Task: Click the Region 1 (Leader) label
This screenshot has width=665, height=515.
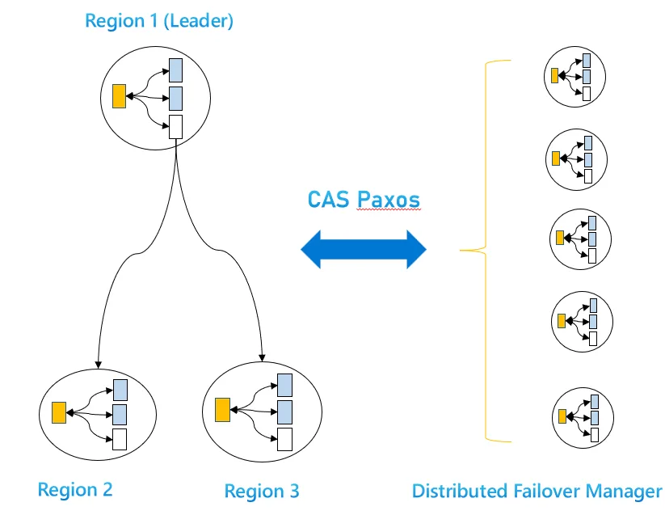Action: pyautogui.click(x=159, y=21)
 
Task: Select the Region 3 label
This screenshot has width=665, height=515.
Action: pyautogui.click(x=261, y=490)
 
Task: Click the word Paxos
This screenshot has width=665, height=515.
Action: pyautogui.click(x=389, y=199)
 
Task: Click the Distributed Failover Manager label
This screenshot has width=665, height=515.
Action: pyautogui.click(x=537, y=490)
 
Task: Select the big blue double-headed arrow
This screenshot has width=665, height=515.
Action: pyautogui.click(x=364, y=249)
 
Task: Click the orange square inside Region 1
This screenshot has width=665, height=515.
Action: pyautogui.click(x=119, y=96)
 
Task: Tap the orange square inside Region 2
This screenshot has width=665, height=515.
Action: pyautogui.click(x=58, y=412)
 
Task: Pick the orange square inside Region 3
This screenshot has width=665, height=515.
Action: pyautogui.click(x=223, y=409)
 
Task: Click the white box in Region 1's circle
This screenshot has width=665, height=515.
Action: pyautogui.click(x=175, y=126)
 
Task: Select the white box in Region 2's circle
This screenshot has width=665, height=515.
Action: pyautogui.click(x=120, y=440)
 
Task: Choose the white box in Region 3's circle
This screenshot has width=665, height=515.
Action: pyautogui.click(x=284, y=438)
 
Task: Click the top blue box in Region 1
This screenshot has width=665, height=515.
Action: pyautogui.click(x=175, y=70)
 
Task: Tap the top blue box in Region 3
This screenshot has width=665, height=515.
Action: pyautogui.click(x=284, y=383)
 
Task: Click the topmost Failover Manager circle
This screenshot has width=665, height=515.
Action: pyautogui.click(x=571, y=76)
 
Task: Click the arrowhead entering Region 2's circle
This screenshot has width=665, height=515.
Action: pyautogui.click(x=98, y=363)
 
